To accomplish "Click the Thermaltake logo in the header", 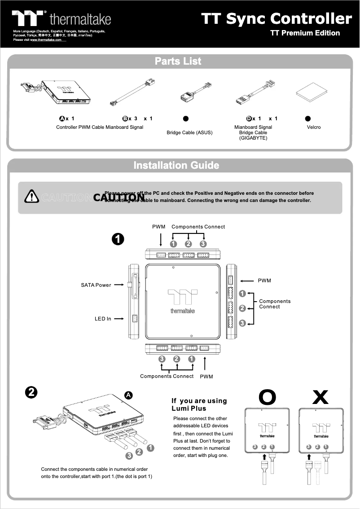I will [x=61, y=18].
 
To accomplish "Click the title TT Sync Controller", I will [x=276, y=18].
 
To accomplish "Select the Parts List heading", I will [x=178, y=61].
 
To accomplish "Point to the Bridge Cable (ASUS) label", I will [x=189, y=133].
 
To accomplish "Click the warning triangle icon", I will [x=32, y=196].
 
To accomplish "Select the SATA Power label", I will [x=96, y=285].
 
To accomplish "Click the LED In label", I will [x=103, y=319].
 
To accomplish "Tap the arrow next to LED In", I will [x=119, y=319].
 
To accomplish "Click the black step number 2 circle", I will [x=31, y=392].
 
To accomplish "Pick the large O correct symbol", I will [x=268, y=397].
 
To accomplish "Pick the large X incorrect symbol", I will [x=320, y=397].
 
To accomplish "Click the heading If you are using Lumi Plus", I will [x=199, y=404].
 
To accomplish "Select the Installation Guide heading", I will [x=176, y=165].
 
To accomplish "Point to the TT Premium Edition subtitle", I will [x=305, y=33].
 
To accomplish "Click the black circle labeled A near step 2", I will [x=128, y=395].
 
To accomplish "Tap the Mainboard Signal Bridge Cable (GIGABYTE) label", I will [x=253, y=132].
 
